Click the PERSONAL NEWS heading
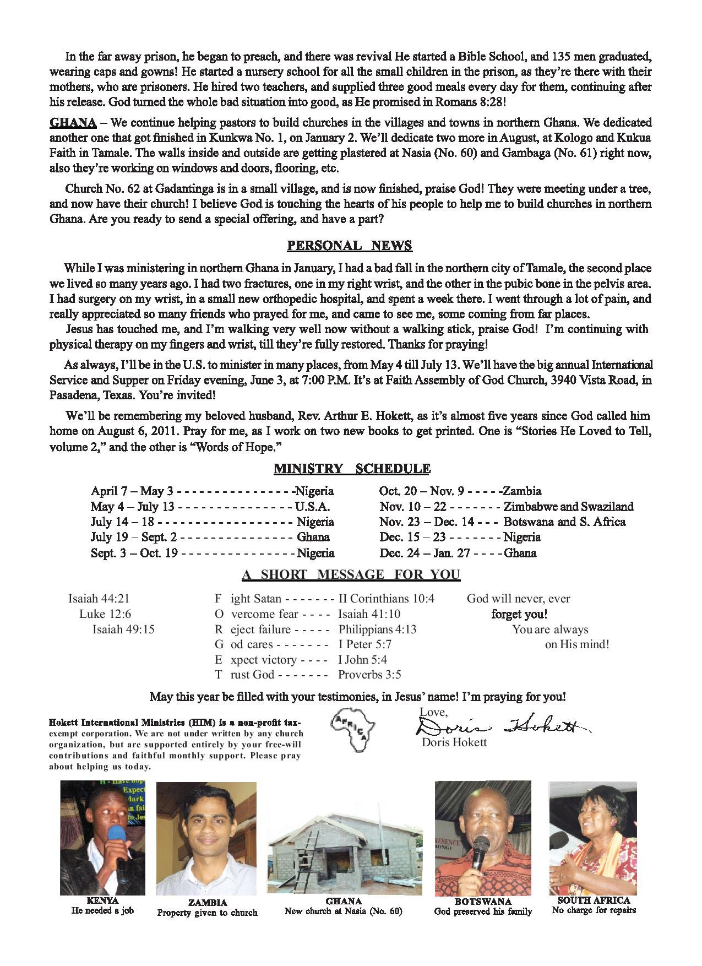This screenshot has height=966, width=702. coord(350,245)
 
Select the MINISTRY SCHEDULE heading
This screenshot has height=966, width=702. coord(351,469)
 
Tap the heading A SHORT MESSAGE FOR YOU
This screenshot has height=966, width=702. coord(351,574)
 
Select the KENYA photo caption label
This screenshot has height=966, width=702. coord(102,900)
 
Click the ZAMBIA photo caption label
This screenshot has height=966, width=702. coord(207,903)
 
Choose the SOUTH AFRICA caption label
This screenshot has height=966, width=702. coord(594,900)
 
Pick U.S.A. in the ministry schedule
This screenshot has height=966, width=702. coord(312,507)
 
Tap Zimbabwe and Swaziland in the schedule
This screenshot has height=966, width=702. coord(568,507)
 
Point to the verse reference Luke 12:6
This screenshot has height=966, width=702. coord(105,614)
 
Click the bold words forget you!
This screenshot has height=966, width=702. coord(519,614)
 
